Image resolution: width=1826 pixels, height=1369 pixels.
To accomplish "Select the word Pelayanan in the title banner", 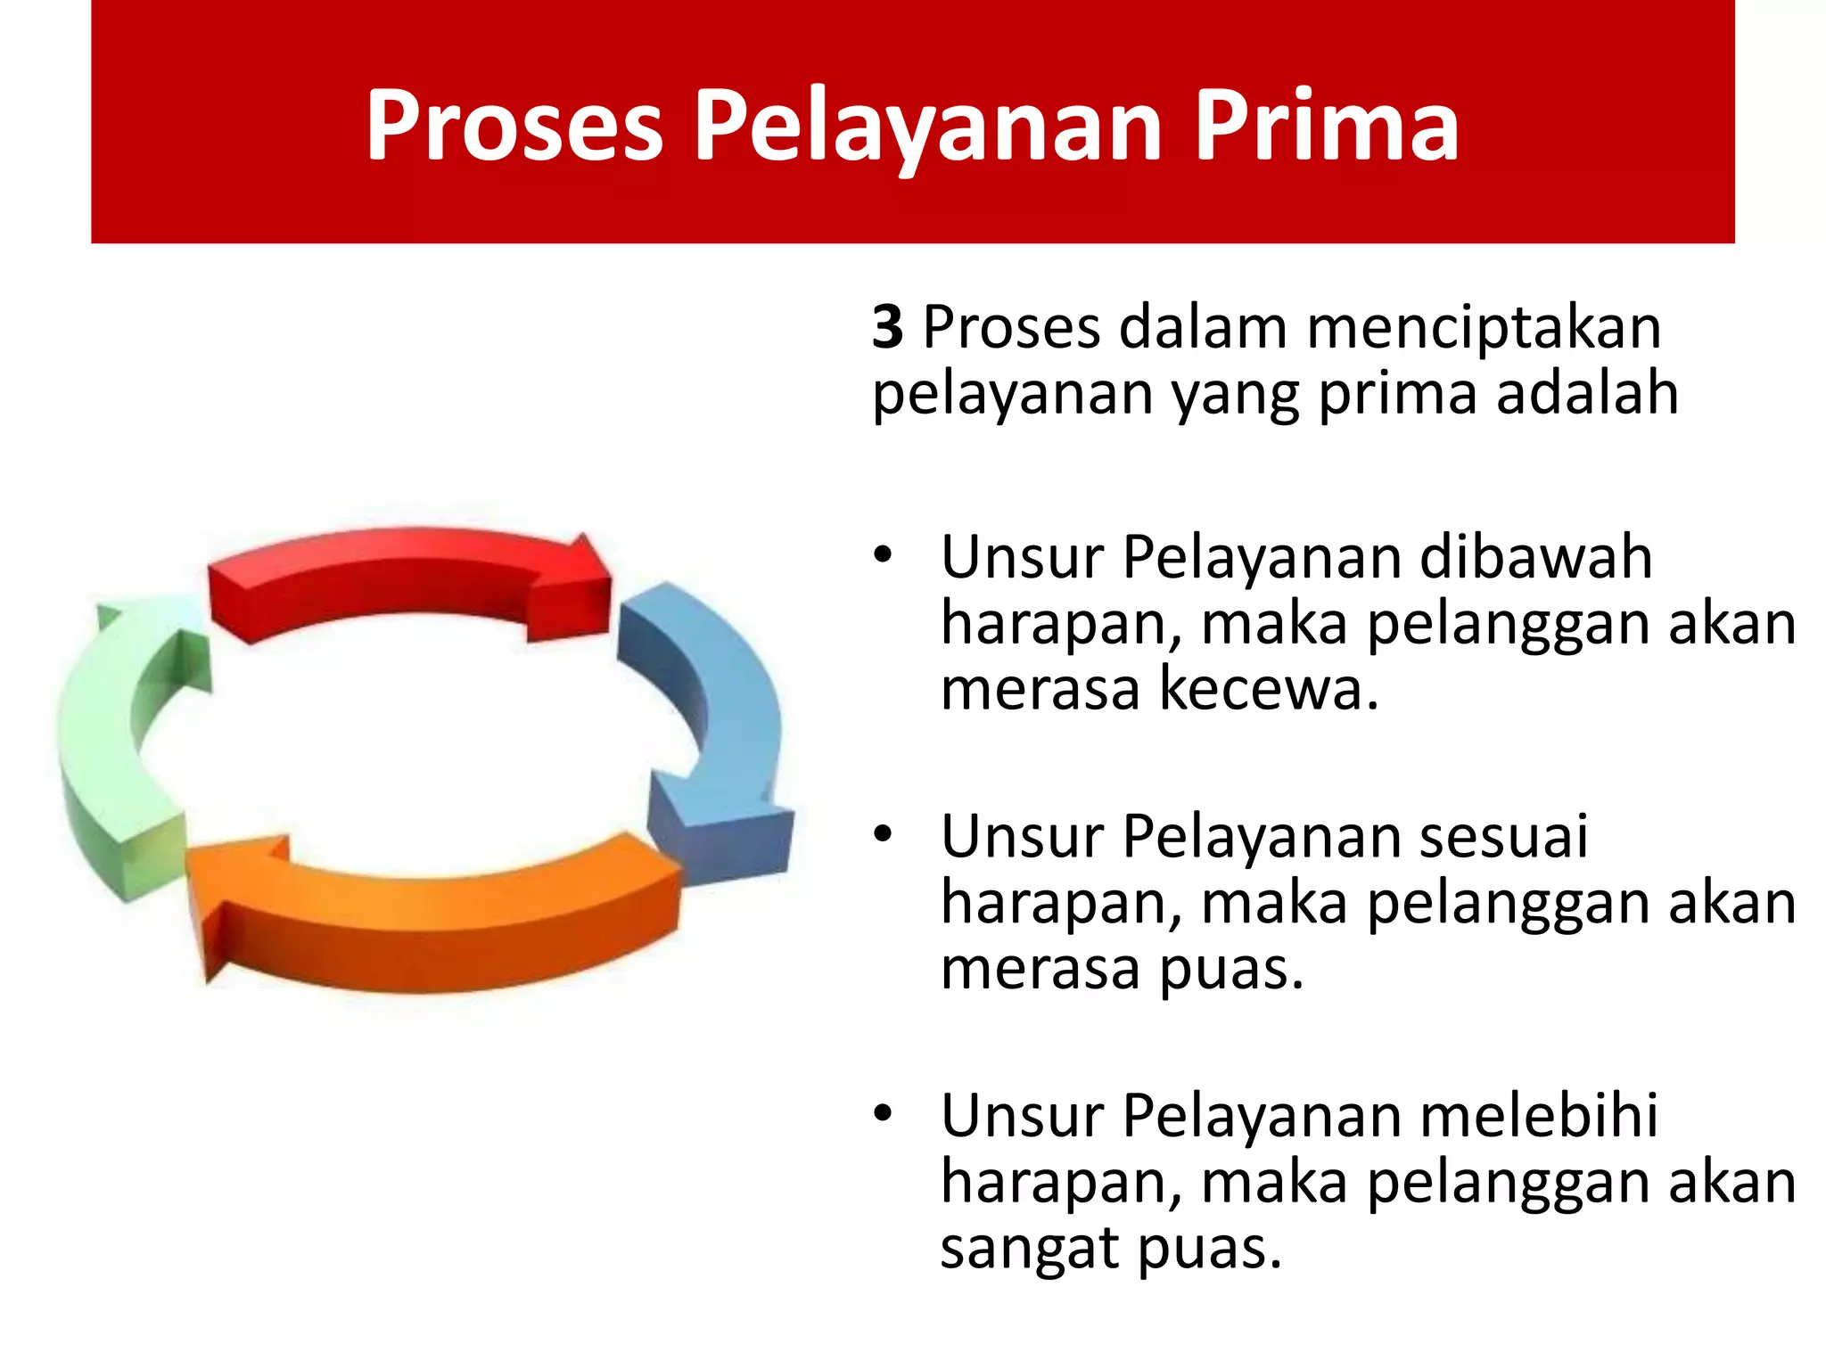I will [x=927, y=127].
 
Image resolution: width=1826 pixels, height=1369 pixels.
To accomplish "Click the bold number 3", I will [x=888, y=327].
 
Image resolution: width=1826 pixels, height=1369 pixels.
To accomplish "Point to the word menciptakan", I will [x=1484, y=328].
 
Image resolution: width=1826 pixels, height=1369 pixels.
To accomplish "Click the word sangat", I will [x=1030, y=1250].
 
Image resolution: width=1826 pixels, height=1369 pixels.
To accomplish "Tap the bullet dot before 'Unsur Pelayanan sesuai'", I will [x=883, y=836].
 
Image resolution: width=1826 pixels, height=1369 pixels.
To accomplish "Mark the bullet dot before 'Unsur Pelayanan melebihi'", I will [x=883, y=1115].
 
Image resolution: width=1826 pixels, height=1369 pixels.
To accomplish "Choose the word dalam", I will [x=1203, y=327].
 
